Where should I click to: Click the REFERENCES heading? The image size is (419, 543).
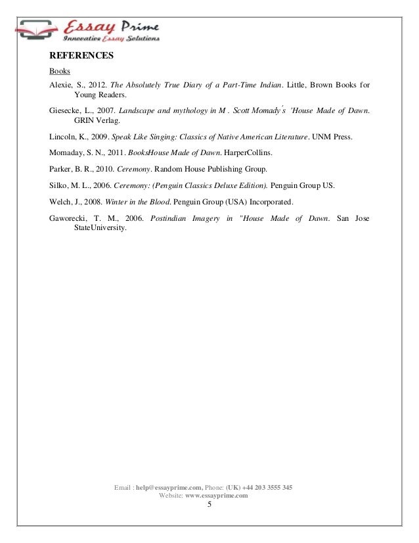[82, 57]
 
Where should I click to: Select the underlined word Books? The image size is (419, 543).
[60, 71]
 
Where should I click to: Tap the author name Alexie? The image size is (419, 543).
[62, 85]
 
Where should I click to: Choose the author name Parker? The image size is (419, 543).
[62, 169]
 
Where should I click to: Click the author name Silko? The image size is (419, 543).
[60, 185]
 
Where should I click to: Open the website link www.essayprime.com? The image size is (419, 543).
[217, 496]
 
